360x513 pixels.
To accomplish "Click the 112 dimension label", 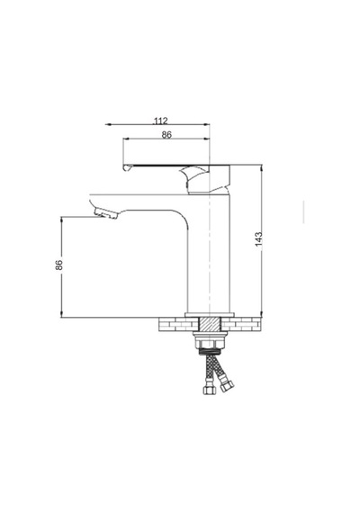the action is (160, 121).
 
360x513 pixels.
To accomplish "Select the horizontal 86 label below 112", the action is (166, 134).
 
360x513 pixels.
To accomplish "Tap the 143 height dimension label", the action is (258, 238).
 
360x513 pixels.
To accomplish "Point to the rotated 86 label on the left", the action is (58, 265).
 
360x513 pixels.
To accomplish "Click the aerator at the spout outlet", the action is (105, 213).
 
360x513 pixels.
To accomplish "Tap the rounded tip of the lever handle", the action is (127, 167).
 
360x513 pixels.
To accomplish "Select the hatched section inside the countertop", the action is (209, 324).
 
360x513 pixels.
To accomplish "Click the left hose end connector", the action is (208, 390).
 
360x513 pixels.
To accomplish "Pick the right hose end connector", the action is (227, 385).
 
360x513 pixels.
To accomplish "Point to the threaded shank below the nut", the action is (210, 352).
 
